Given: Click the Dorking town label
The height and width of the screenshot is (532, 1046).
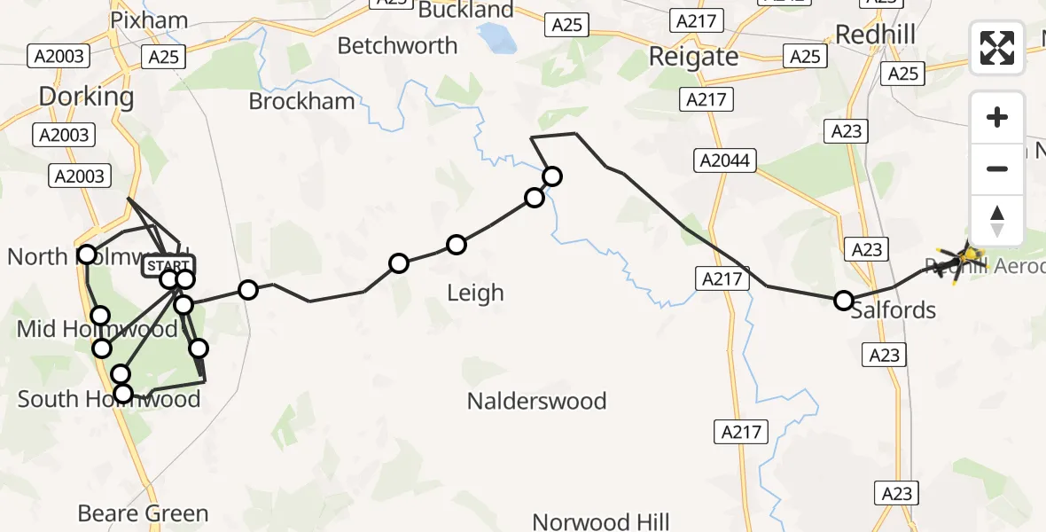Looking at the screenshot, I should pos(86,96).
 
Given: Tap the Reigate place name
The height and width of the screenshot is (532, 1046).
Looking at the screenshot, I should pos(693,57).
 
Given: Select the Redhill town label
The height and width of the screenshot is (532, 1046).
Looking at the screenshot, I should pos(874,34).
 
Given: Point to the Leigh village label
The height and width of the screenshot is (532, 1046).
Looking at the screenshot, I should pos(475,293).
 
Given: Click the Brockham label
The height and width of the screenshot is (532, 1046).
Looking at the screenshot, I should pos(301,101).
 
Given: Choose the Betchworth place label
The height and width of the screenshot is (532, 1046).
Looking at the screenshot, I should pos(397,45).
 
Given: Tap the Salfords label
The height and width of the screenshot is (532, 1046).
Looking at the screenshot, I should pos(893,310).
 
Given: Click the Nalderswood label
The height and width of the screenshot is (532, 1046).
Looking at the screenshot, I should pos(536,401).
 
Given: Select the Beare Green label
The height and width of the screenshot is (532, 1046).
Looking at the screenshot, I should pos(143,513).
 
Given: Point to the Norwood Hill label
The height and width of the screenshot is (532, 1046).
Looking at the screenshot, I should pos(600,521).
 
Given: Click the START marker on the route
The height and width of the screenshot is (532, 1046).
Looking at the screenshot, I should pos(167,265).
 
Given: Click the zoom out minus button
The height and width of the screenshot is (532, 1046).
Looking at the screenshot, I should pos(997,168).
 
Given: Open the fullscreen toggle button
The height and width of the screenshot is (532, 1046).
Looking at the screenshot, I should pos(997,48).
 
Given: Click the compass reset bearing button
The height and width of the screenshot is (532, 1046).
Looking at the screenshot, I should pos(997,221).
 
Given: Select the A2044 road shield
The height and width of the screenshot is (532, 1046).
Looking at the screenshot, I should pos(724,160).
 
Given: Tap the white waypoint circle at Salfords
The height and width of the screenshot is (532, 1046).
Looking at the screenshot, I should pos(844,301).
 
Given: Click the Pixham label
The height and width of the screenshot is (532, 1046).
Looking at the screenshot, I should pos(149,20).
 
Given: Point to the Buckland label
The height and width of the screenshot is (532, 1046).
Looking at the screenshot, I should pos(465,11).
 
